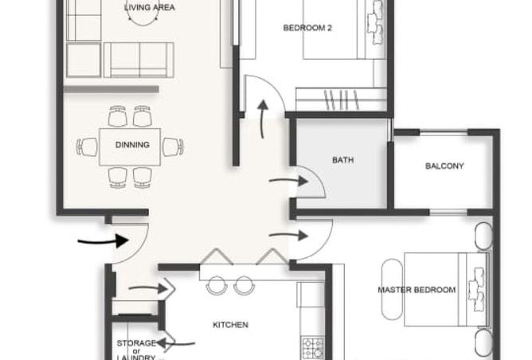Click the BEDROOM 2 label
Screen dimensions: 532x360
click(x=307, y=28)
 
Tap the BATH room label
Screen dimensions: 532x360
click(x=343, y=160)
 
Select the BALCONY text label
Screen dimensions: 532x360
click(x=444, y=166)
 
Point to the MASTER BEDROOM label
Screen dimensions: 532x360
click(x=417, y=290)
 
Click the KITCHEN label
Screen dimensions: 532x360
click(x=230, y=325)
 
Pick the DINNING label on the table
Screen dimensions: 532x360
click(x=132, y=145)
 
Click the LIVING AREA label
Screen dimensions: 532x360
click(x=150, y=7)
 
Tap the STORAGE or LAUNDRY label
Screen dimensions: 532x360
click(x=136, y=350)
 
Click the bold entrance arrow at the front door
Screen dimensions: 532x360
click(x=104, y=241)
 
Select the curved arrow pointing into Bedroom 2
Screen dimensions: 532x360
click(x=262, y=119)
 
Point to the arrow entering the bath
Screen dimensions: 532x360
click(x=288, y=181)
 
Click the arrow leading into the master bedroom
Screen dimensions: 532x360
click(x=288, y=235)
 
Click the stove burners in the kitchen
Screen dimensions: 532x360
click(x=312, y=349)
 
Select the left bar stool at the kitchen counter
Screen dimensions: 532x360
click(x=217, y=286)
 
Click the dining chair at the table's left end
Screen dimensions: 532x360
click(x=87, y=147)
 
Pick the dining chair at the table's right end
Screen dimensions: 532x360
click(x=173, y=147)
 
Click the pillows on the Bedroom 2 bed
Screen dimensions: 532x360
click(x=375, y=23)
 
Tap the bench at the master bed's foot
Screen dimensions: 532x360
click(x=392, y=289)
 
